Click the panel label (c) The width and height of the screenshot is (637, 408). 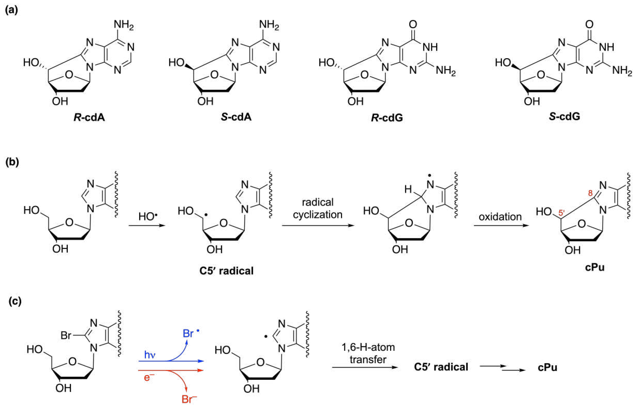click(15, 302)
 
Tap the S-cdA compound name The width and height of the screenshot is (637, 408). click(236, 117)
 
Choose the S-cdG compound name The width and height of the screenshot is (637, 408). click(564, 117)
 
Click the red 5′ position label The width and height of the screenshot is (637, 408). click(562, 213)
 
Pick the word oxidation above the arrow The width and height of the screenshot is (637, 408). click(500, 217)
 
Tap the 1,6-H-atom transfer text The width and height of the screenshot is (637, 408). click(368, 353)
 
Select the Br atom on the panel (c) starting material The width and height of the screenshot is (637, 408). click(66, 335)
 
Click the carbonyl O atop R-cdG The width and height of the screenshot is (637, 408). click(413, 25)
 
